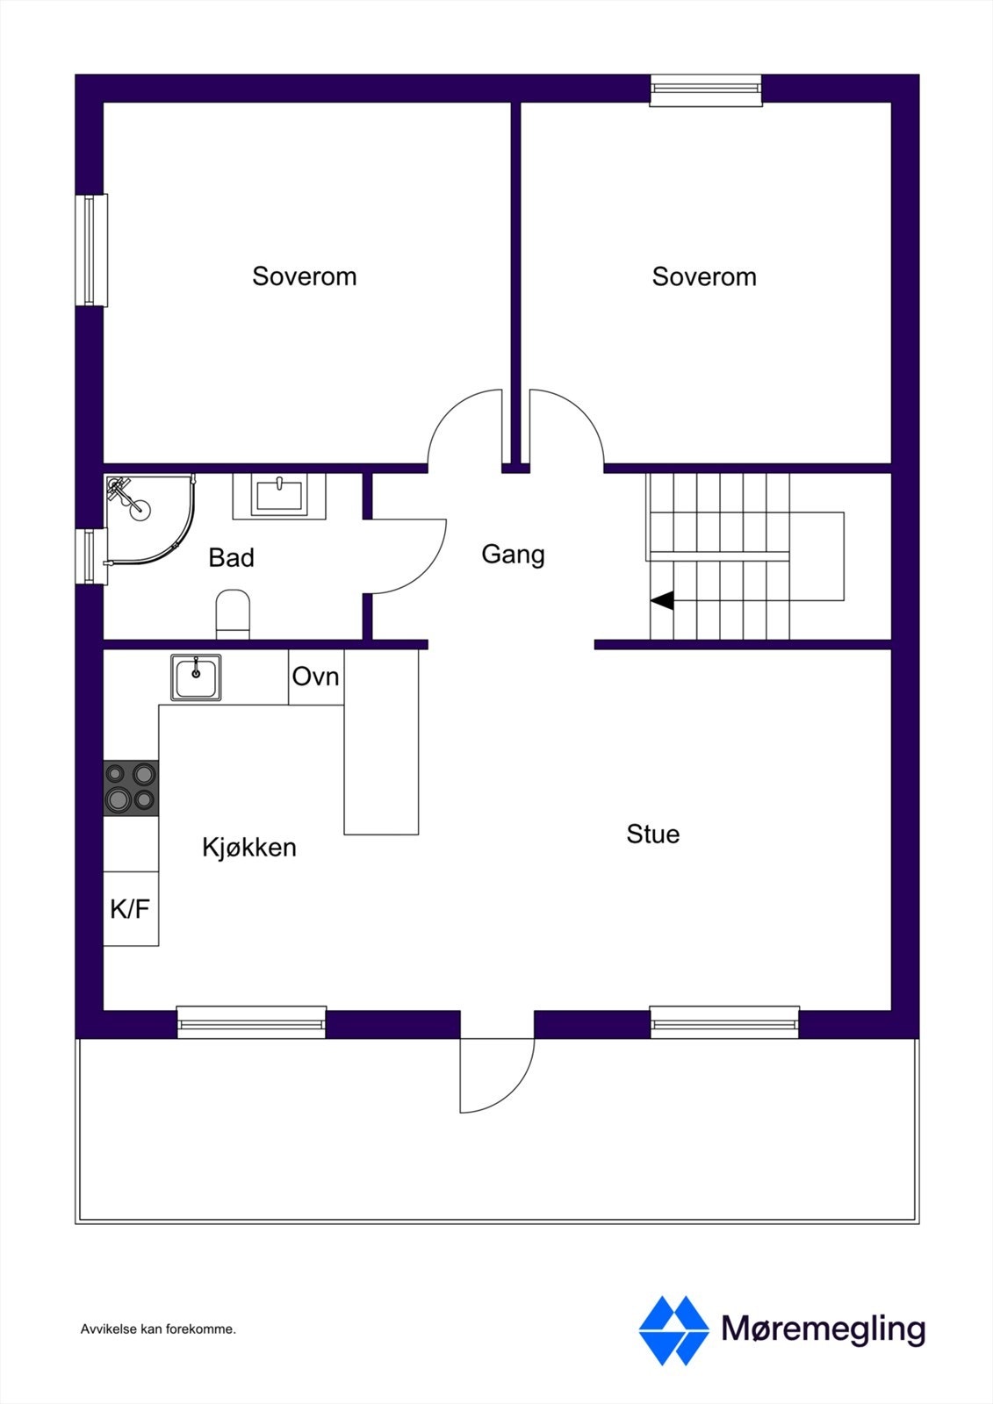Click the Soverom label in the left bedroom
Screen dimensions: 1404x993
[304, 276]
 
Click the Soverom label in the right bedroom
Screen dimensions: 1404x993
[703, 277]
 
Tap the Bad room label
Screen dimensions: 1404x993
[231, 558]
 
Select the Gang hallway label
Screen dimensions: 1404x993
[513, 555]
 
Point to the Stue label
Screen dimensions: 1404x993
[652, 834]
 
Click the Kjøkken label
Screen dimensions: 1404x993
[248, 848]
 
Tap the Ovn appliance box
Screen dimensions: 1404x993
[315, 677]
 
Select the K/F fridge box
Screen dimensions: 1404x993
[130, 909]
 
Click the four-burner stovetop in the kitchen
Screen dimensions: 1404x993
[131, 787]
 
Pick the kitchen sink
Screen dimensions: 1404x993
[196, 677]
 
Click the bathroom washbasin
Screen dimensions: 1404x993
[278, 495]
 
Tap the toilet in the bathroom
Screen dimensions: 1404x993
[233, 613]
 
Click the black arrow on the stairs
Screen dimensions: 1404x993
[662, 601]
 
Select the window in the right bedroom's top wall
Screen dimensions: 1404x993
[706, 90]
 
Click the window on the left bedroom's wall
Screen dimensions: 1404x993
[90, 250]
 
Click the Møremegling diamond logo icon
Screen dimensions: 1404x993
[673, 1330]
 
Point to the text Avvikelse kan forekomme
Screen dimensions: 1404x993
[158, 1329]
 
